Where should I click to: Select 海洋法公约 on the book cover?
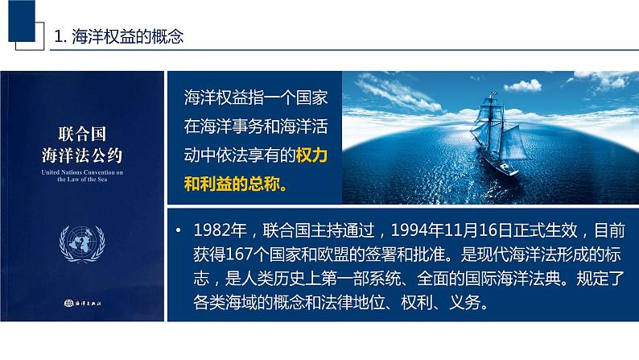point(82,152)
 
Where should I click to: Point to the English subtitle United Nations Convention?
point(82,172)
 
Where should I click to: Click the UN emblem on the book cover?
point(82,244)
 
